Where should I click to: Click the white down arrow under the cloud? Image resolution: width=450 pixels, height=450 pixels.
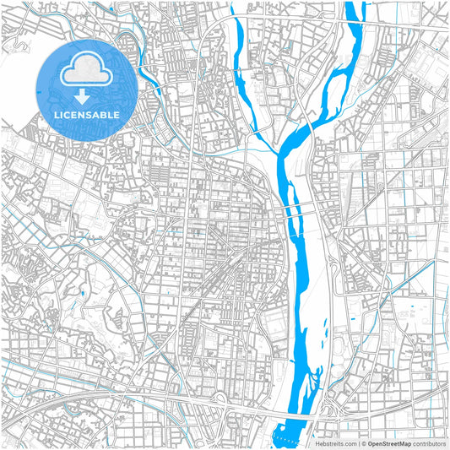click(x=82, y=94)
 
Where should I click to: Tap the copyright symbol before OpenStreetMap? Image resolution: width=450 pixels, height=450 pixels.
click(x=363, y=442)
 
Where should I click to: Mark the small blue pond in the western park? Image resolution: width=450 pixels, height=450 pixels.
click(x=83, y=293)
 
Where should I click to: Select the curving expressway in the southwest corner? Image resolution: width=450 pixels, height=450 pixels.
click(x=84, y=397)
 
